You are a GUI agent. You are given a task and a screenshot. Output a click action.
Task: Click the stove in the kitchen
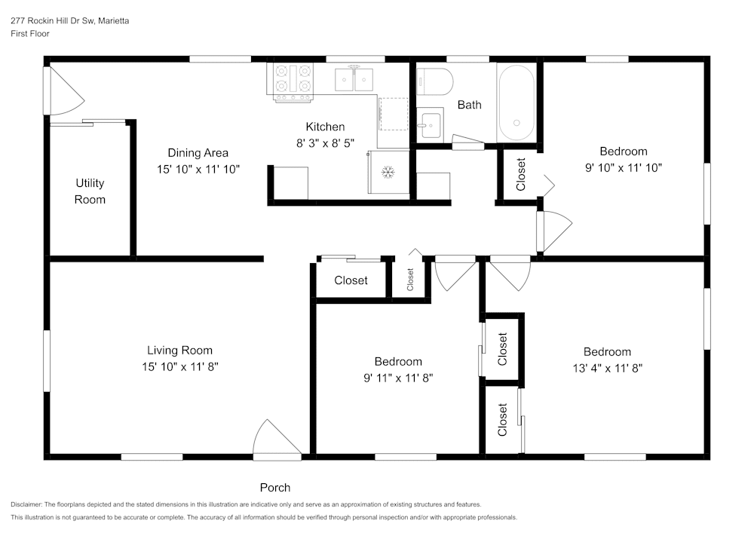[293, 81]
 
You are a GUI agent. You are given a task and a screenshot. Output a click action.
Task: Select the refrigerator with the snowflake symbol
[388, 173]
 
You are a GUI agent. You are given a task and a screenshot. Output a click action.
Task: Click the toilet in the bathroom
[435, 80]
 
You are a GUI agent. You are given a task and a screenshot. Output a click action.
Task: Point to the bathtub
[516, 103]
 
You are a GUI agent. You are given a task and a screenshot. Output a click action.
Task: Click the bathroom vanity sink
[430, 123]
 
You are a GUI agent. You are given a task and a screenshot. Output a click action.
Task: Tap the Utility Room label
[90, 191]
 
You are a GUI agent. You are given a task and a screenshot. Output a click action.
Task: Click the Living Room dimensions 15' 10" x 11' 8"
[179, 366]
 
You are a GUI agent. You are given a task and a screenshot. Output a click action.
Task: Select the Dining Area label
[198, 153]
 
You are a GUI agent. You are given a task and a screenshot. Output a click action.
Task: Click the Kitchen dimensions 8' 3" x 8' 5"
[325, 142]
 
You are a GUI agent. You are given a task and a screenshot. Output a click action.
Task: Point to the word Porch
[275, 487]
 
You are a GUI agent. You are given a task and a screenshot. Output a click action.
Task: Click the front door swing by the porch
[274, 441]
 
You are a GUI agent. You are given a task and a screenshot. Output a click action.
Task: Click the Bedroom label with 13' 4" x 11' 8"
[607, 352]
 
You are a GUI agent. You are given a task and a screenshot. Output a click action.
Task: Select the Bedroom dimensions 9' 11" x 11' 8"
[398, 378]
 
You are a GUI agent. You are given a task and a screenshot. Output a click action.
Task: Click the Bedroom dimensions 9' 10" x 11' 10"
[624, 167]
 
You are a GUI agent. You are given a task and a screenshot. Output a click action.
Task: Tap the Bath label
[469, 105]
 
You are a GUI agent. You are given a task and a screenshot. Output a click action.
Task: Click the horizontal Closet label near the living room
[351, 280]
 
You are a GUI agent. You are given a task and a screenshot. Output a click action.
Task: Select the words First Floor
[29, 34]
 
